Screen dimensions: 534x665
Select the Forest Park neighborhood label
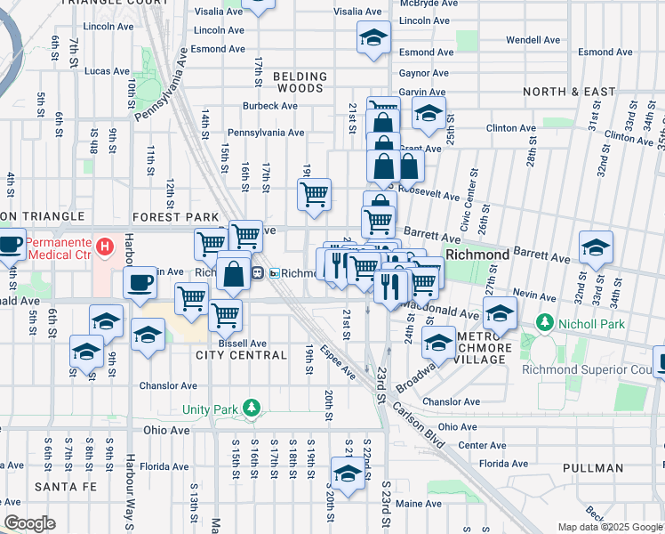[x=175, y=217]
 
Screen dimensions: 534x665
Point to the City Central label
[x=241, y=355]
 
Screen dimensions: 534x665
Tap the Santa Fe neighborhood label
[x=60, y=487]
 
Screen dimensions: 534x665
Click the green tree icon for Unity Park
[x=253, y=409]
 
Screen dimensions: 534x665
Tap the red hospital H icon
[x=105, y=245]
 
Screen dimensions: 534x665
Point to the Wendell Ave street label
[x=533, y=40]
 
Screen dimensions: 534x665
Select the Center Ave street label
[x=483, y=445]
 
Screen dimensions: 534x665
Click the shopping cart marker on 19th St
[x=314, y=194]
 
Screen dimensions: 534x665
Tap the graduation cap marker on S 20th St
[x=348, y=473]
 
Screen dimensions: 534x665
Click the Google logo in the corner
[x=30, y=523]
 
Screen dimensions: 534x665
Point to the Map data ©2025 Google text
[x=610, y=527]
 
